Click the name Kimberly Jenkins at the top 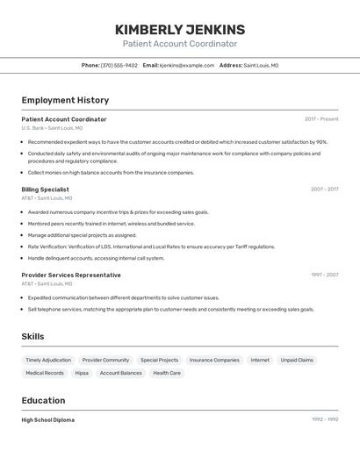coord(180,29)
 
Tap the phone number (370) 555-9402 coord(119,65)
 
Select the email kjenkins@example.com coord(187,65)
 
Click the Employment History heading coord(65,100)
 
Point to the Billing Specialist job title coord(45,190)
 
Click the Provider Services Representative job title coord(71,275)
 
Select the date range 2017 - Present coord(321,119)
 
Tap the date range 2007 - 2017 coord(324,190)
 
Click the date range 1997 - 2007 coord(324,275)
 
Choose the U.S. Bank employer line coord(52,128)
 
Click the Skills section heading coord(32,336)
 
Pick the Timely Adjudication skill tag coord(48,360)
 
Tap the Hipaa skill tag coord(82,373)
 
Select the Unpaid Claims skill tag coord(296,360)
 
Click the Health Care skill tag coord(167,373)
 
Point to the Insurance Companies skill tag coord(214,360)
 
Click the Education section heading coord(43,400)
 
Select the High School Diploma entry coord(48,420)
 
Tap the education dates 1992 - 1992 coord(324,420)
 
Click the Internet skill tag coord(260,360)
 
